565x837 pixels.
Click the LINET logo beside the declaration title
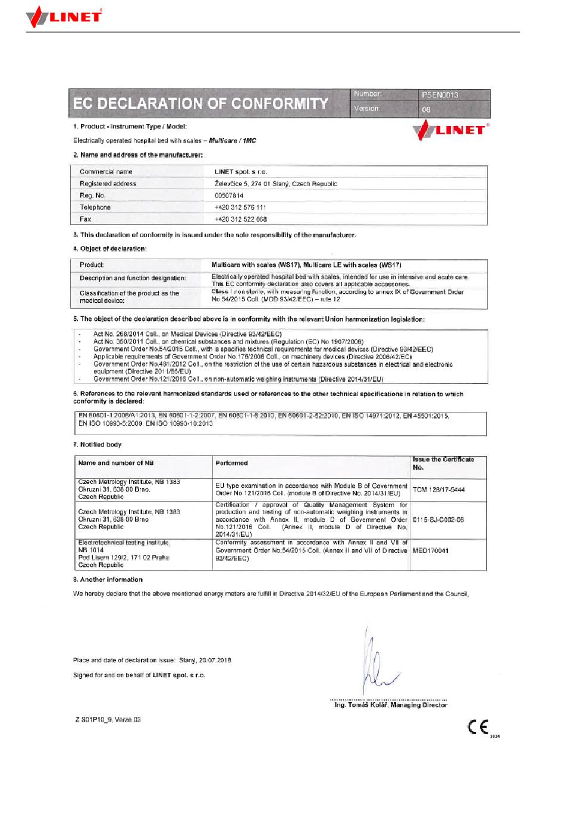tap(451, 130)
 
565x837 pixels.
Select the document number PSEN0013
tap(440, 95)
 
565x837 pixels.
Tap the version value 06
tap(426, 109)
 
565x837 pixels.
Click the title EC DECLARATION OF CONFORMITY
tap(200, 103)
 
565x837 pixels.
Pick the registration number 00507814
tap(229, 196)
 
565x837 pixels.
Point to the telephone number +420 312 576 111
tap(240, 207)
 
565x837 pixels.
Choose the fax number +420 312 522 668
tap(240, 219)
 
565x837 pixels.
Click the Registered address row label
tap(108, 184)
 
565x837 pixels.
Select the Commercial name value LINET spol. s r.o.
tap(241, 172)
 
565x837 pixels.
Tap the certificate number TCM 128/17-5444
tap(439, 490)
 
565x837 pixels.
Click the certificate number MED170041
tap(431, 550)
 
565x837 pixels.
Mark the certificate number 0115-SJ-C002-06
tap(438, 520)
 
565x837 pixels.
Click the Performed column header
tap(231, 463)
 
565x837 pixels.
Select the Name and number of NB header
tap(116, 463)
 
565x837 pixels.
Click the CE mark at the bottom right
tap(479, 727)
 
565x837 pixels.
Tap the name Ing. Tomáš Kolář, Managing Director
tap(390, 705)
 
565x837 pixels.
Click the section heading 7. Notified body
tap(98, 445)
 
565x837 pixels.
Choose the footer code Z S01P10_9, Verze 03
tap(108, 720)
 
